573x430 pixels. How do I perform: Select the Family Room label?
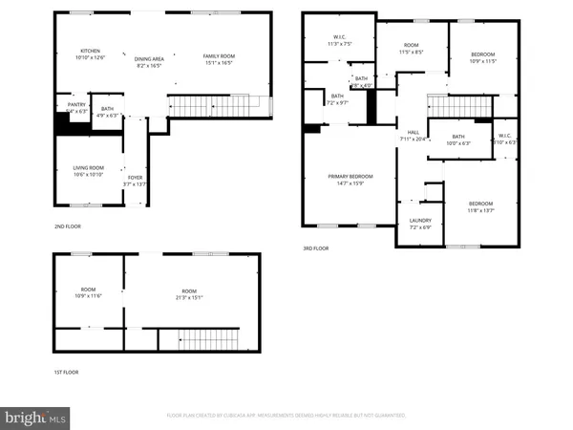click(219, 60)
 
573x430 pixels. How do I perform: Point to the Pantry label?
click(76, 108)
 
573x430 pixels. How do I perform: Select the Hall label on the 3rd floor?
click(414, 136)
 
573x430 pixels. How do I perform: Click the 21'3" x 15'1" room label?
click(189, 294)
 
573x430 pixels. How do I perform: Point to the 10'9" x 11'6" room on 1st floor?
click(88, 294)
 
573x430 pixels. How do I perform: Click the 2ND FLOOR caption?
click(68, 226)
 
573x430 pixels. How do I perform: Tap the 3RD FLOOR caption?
click(315, 247)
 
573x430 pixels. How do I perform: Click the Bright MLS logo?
click(35, 417)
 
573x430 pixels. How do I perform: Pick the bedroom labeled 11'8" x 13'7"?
click(480, 207)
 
